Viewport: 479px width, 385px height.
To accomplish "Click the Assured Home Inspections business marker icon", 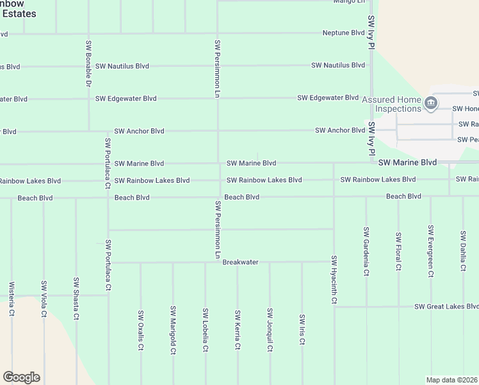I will pyautogui.click(x=432, y=102).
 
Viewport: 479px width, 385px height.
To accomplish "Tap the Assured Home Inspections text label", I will pyautogui.click(x=391, y=105).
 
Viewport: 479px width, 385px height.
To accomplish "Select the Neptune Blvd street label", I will pyautogui.click(x=343, y=33).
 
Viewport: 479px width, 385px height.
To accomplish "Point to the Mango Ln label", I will pyautogui.click(x=349, y=2).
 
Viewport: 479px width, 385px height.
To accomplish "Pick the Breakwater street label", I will pyautogui.click(x=240, y=262).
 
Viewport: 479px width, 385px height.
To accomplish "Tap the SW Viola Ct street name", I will pyautogui.click(x=44, y=299).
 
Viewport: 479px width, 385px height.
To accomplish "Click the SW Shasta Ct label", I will pyautogui.click(x=76, y=298).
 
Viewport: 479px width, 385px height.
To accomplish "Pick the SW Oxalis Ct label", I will pyautogui.click(x=140, y=330).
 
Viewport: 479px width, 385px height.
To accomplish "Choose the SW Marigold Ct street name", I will pyautogui.click(x=173, y=330).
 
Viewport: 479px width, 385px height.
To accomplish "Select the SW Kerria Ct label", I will pyautogui.click(x=238, y=330).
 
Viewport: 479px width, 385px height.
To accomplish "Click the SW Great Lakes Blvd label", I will pyautogui.click(x=446, y=306).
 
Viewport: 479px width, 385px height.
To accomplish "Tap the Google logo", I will pyautogui.click(x=21, y=377).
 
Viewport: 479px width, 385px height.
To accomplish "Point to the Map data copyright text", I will pyautogui.click(x=452, y=380).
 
